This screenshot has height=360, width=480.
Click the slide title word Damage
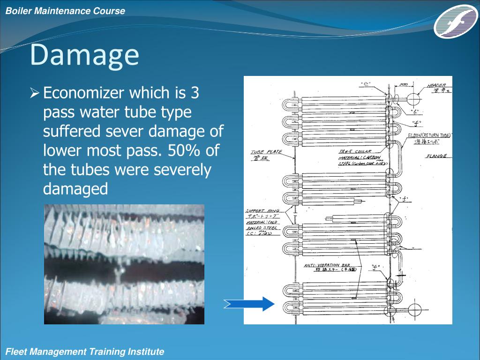click(x=84, y=55)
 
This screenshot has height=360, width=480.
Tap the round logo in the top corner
click(x=455, y=21)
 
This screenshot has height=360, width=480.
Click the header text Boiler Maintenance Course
click(x=65, y=11)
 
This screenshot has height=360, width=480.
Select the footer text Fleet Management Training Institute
click(x=84, y=352)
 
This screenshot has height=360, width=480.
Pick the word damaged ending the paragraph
click(x=75, y=189)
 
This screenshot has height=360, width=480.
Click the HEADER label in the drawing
click(x=436, y=86)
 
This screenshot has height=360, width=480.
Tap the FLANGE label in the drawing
click(x=436, y=156)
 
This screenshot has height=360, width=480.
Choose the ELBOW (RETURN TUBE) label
click(x=429, y=135)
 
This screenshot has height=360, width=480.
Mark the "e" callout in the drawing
click(x=366, y=84)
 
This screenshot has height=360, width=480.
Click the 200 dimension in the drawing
click(x=403, y=85)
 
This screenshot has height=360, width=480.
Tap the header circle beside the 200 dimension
click(x=414, y=100)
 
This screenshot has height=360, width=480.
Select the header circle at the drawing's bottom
click(x=414, y=310)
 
